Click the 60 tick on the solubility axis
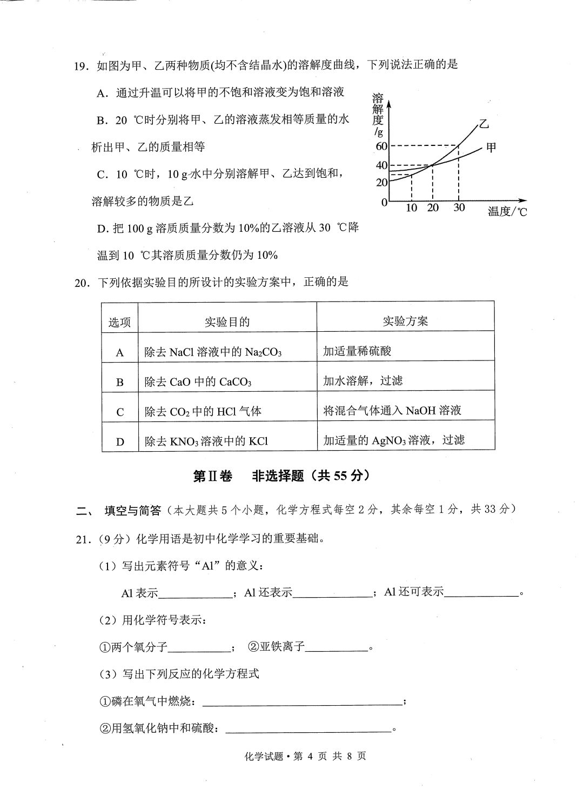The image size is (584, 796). click(381, 146)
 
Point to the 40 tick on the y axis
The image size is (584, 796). click(381, 166)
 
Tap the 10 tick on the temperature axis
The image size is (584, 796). click(412, 208)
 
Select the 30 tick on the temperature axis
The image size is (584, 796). click(459, 208)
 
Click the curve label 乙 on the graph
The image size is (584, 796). click(484, 125)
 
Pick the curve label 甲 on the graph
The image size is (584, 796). click(491, 147)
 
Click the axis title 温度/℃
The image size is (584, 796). click(507, 212)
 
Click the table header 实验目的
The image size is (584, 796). click(227, 322)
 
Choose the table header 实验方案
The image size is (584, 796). click(405, 322)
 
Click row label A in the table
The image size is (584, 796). click(120, 353)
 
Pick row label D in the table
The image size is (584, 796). click(120, 442)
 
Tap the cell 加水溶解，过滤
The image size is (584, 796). click(363, 381)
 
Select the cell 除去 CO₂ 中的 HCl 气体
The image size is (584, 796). click(203, 412)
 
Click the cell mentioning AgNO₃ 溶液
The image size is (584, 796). click(393, 440)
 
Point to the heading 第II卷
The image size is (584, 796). click(212, 476)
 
